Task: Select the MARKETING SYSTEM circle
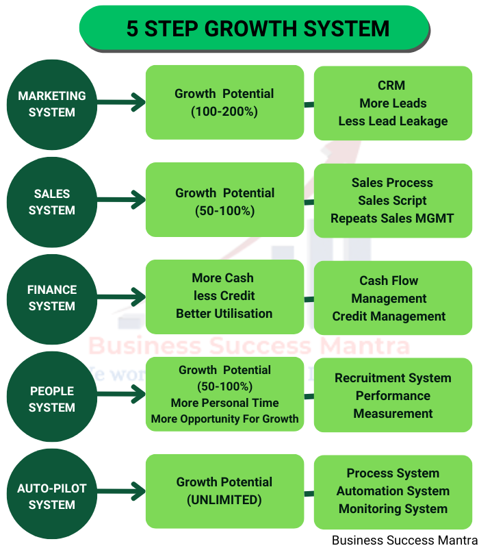click(52, 104)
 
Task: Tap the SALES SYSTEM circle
click(52, 202)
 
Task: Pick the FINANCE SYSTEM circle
click(52, 298)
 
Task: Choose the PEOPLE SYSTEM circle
click(52, 399)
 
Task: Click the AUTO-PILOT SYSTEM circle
click(52, 497)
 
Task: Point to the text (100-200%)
click(224, 112)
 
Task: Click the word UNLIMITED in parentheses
click(224, 500)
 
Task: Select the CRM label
click(391, 86)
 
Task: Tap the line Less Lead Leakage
click(393, 121)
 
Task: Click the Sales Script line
click(392, 201)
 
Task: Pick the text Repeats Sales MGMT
click(392, 219)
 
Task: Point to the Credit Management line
click(389, 316)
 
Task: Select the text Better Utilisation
click(224, 314)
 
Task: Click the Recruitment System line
click(393, 378)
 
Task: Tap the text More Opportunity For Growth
click(224, 419)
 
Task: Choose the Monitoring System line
click(393, 509)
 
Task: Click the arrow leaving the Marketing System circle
click(122, 103)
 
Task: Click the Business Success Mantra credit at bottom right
click(404, 540)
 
